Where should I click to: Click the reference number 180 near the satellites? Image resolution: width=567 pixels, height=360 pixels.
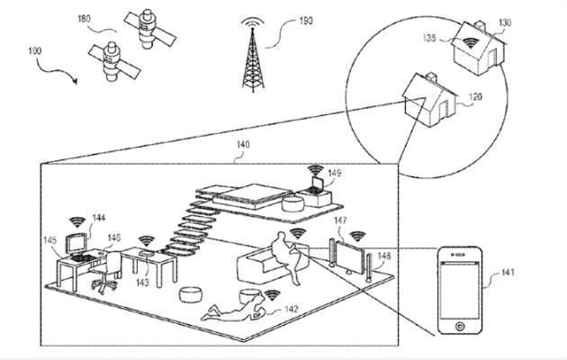[x=84, y=18]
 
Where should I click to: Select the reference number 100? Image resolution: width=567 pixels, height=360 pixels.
[x=35, y=51]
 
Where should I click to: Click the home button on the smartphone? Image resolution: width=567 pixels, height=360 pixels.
[x=460, y=326]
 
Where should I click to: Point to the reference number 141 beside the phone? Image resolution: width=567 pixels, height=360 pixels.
[x=508, y=272]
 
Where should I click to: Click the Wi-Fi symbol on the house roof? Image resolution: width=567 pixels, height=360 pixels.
[x=470, y=43]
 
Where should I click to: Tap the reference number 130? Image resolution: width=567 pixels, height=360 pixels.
[x=505, y=22]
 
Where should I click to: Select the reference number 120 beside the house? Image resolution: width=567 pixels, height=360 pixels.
[x=475, y=97]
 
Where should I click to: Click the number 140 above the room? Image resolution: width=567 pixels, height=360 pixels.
[x=243, y=145]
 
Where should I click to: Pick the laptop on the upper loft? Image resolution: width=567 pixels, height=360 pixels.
[x=315, y=185]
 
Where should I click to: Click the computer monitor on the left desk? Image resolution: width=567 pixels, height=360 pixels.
[x=76, y=244]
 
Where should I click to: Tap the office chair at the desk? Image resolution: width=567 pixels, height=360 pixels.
[x=106, y=272]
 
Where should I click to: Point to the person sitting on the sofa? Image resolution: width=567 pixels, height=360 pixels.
[x=286, y=257]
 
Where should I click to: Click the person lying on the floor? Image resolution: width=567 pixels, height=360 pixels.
[x=234, y=309]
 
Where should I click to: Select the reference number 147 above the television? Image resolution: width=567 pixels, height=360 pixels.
[x=340, y=220]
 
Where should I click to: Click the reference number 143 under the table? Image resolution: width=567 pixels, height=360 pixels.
[x=142, y=282]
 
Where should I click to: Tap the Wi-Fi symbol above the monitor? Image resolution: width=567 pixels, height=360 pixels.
[x=77, y=222]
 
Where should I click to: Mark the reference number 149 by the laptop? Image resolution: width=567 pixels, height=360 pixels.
[x=335, y=173]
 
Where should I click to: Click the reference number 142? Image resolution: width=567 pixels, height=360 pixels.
[x=292, y=309]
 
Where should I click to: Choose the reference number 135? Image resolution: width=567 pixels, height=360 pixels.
[x=429, y=38]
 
